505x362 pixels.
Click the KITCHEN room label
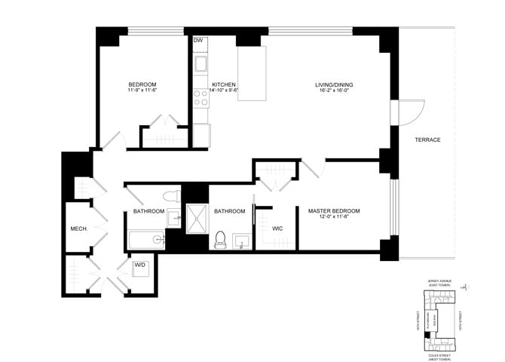point(225,84)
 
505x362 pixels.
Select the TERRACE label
point(427,140)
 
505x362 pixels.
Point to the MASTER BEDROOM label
point(334,211)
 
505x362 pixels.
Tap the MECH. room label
point(79,229)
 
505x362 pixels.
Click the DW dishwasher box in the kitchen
point(199,41)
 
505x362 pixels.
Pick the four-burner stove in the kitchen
point(201,97)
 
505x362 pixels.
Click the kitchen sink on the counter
point(201,64)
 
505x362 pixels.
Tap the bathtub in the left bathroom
point(147,241)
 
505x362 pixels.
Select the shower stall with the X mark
point(196,219)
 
